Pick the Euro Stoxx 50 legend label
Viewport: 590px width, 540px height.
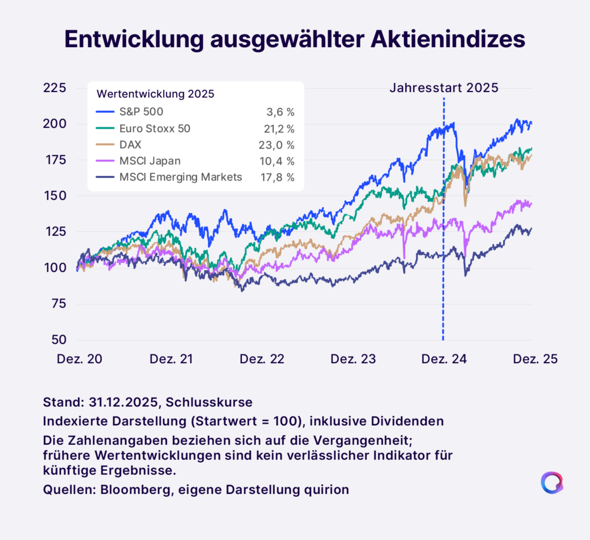point(154,128)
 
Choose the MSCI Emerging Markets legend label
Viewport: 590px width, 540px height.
point(180,178)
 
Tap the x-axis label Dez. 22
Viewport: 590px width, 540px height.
point(261,359)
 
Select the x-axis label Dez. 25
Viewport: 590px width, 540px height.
point(534,359)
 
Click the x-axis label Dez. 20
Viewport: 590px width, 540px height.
point(80,359)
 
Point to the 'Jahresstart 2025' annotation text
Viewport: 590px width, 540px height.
point(444,88)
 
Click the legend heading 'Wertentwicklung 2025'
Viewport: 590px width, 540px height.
point(156,94)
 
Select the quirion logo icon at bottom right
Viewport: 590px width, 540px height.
point(551,483)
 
